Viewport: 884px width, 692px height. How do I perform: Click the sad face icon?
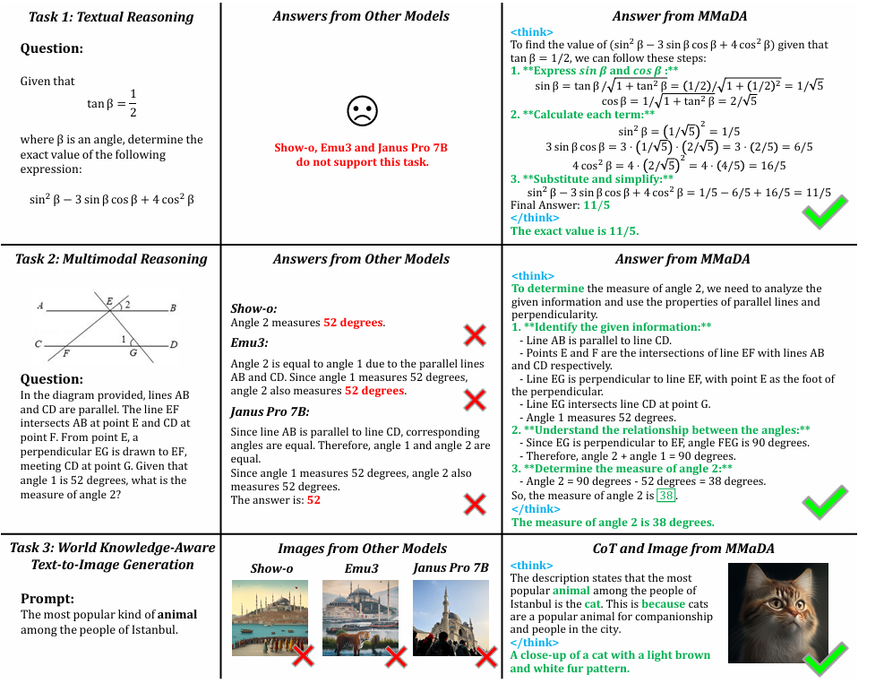pyautogui.click(x=362, y=111)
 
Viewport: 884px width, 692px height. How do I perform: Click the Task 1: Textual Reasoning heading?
pyautogui.click(x=110, y=17)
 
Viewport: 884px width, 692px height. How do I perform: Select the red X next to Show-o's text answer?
pyautogui.click(x=474, y=336)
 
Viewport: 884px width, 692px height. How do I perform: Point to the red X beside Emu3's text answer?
pyautogui.click(x=474, y=400)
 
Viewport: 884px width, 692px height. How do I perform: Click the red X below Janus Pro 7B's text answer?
pyautogui.click(x=474, y=504)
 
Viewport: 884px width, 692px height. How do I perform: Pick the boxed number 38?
pyautogui.click(x=665, y=496)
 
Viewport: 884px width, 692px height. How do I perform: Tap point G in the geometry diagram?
pyautogui.click(x=132, y=352)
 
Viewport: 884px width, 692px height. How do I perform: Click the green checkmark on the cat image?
pyautogui.click(x=825, y=662)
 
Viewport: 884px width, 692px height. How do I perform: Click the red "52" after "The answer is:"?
pyautogui.click(x=313, y=500)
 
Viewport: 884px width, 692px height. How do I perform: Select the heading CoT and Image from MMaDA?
pyautogui.click(x=683, y=549)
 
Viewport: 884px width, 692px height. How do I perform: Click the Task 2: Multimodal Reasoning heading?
pyautogui.click(x=111, y=259)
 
